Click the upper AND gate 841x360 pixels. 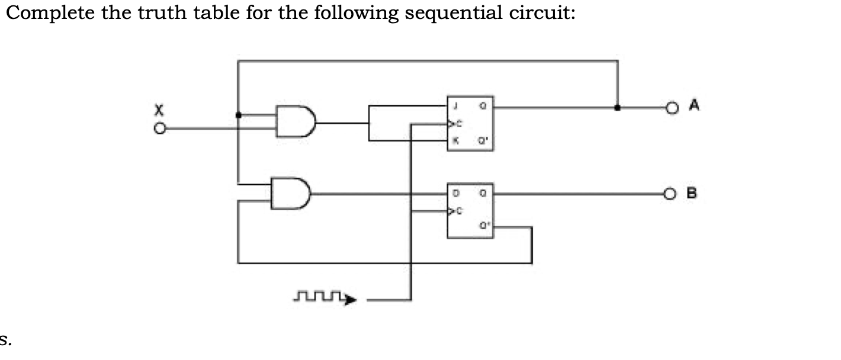click(296, 122)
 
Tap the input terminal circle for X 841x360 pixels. click(159, 128)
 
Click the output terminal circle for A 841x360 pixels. click(671, 108)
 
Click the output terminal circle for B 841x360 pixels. click(671, 193)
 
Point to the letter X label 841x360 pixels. click(158, 110)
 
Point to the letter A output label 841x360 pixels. click(695, 105)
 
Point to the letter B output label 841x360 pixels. click(692, 192)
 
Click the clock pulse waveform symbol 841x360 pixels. click(325, 298)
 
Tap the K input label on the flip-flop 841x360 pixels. click(455, 141)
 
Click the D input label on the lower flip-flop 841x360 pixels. click(456, 192)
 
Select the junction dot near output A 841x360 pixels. click(618, 108)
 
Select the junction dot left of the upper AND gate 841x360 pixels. click(238, 115)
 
